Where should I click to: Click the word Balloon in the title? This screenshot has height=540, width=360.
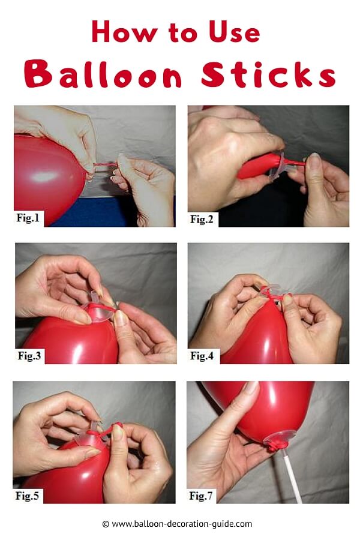click(103, 73)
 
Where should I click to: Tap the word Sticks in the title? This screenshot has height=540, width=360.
click(268, 73)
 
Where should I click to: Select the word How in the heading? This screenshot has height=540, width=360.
click(124, 32)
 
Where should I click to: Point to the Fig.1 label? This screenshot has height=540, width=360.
click(28, 218)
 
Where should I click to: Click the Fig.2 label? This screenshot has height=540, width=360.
click(202, 218)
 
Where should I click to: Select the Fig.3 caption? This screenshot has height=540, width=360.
click(29, 355)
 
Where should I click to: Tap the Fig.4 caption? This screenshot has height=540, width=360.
click(202, 355)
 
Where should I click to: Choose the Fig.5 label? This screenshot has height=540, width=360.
click(27, 496)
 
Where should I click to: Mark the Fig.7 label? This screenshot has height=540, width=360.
click(201, 496)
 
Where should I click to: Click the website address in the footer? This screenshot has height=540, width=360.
click(182, 524)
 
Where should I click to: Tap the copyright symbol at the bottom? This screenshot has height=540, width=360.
click(106, 524)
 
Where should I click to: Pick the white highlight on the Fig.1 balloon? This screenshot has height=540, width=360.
click(43, 176)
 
